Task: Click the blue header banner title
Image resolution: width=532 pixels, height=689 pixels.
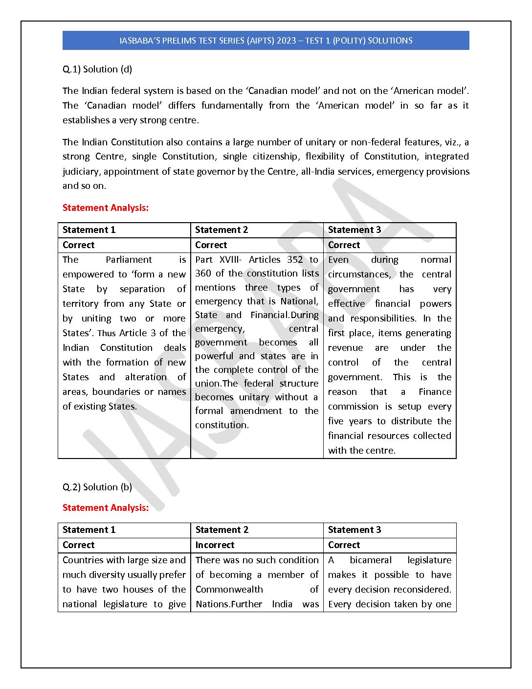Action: [266, 41]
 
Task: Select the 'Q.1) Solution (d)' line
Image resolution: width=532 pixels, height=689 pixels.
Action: [97, 69]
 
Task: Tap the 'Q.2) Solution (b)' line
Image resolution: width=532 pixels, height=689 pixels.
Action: [97, 487]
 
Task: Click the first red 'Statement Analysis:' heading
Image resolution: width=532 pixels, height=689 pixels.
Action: [106, 208]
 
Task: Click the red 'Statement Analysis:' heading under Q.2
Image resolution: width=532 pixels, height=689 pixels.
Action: [106, 508]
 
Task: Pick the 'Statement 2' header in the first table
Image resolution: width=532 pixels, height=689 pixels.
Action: [222, 230]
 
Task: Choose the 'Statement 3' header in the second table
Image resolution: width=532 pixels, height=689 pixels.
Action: [355, 530]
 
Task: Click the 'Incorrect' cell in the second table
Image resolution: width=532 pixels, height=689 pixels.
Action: [215, 545]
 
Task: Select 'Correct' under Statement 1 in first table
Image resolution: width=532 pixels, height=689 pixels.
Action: [79, 245]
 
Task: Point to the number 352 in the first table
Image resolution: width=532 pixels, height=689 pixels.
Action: [295, 260]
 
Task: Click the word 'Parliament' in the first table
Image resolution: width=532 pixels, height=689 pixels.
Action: [129, 260]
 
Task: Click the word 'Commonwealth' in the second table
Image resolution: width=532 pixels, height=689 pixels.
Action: [229, 590]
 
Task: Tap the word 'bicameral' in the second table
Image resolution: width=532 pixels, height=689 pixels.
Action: [371, 560]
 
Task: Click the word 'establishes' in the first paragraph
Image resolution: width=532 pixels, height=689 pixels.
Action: [86, 120]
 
